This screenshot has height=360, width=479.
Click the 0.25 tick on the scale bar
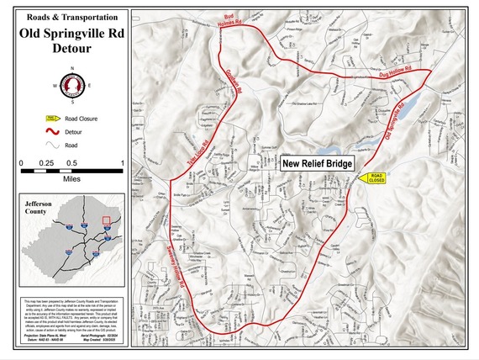[x=46, y=161]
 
